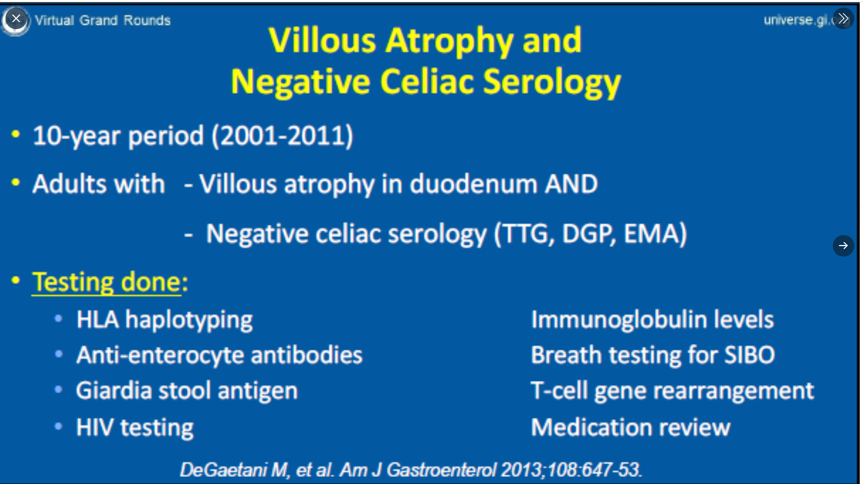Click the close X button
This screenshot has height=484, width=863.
(16, 19)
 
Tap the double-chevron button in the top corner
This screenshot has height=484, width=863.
(843, 19)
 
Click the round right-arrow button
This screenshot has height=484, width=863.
(843, 246)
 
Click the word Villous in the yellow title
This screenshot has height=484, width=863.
(322, 40)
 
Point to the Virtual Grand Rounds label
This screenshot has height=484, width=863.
(102, 20)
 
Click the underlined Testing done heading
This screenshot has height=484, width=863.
(106, 282)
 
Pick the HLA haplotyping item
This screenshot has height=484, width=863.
(164, 320)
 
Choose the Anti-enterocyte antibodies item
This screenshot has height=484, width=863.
(219, 355)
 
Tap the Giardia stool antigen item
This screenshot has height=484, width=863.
(187, 391)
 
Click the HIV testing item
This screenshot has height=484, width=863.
(135, 428)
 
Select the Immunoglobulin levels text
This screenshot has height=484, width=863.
(652, 320)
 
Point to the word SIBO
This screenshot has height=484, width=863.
(750, 355)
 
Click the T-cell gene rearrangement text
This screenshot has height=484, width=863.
(672, 391)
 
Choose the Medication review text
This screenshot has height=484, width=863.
(631, 428)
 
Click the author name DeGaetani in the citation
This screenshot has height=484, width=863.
(223, 470)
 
